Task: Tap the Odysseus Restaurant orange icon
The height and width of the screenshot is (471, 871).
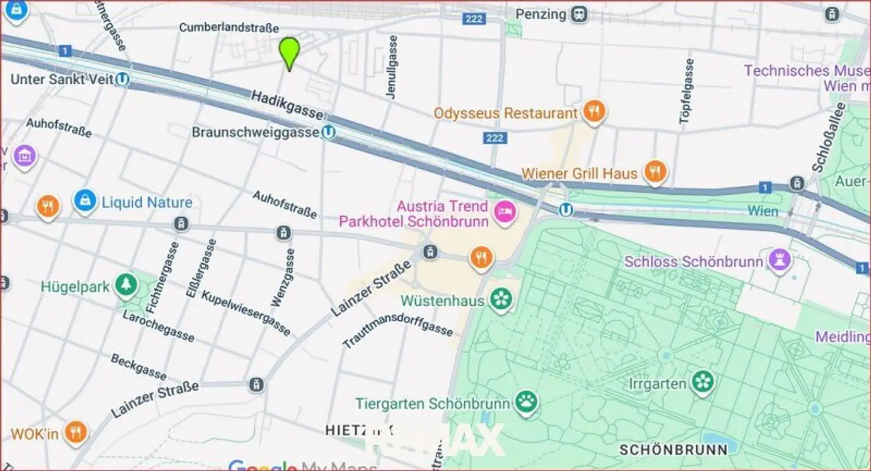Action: coord(594,112)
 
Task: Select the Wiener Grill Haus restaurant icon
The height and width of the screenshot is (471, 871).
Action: coord(655,171)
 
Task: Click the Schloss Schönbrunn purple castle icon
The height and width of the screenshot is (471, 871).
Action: coord(780,260)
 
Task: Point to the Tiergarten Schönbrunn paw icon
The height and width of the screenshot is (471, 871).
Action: coord(526,402)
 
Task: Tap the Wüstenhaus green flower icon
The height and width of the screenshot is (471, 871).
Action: coord(501,299)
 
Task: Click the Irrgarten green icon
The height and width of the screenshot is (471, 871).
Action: coord(703,382)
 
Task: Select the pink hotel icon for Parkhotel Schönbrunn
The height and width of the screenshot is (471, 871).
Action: coord(504,213)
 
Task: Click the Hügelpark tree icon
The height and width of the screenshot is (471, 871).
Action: coord(126,286)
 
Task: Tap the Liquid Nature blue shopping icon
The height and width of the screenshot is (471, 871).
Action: coord(84,201)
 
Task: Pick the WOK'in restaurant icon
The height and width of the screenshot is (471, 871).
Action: coord(75,433)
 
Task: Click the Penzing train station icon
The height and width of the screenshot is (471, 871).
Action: coord(579,14)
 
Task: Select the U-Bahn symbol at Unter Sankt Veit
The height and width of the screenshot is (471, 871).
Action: coord(122,79)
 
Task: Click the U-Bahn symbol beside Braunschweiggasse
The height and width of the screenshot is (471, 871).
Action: coord(328,133)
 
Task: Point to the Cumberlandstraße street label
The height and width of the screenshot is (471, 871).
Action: coord(229,27)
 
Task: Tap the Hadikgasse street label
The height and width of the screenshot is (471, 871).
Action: coord(287,104)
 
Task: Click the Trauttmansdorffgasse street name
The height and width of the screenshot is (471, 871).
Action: coord(398,331)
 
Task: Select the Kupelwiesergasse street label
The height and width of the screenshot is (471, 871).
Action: coord(246,313)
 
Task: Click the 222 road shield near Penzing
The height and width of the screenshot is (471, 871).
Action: coord(473,19)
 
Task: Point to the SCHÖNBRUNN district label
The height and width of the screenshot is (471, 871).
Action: coord(673,449)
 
